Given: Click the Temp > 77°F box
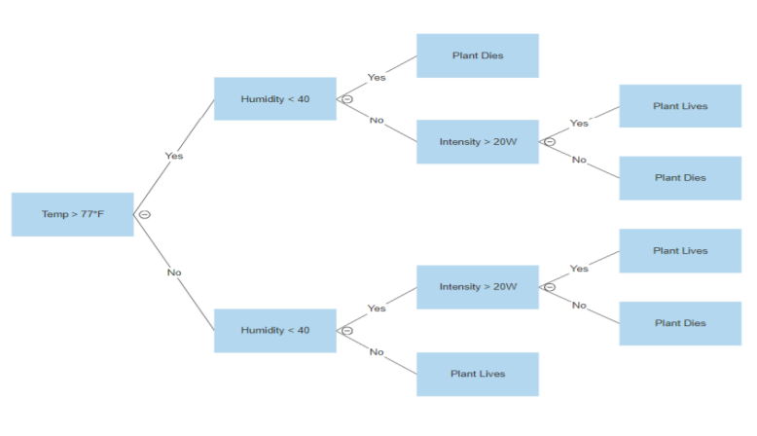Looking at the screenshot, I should (x=72, y=214).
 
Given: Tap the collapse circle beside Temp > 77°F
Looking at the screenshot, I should (x=144, y=214).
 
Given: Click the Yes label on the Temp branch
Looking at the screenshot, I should (x=174, y=156).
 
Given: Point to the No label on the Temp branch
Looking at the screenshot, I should (x=174, y=272).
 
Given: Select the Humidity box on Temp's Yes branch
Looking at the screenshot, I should (x=274, y=99).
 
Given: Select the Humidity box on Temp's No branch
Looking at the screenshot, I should (x=274, y=330).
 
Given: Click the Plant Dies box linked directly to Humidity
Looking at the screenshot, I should (x=477, y=55).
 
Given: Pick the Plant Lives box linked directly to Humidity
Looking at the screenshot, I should (x=477, y=374).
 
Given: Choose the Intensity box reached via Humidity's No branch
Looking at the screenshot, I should (x=477, y=142).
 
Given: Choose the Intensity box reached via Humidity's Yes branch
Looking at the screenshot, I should (x=477, y=287).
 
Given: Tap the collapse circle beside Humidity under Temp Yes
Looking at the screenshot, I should (x=346, y=99).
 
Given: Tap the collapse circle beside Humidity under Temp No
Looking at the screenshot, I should (x=346, y=330).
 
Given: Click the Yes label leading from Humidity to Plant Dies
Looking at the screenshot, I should (x=377, y=77).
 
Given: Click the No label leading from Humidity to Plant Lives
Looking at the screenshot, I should (x=377, y=352).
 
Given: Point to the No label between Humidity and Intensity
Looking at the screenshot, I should (x=377, y=121).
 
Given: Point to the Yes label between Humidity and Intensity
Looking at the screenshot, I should (x=377, y=309).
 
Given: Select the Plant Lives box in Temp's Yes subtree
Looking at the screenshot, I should (x=680, y=106).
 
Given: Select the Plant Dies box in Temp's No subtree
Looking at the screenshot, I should (x=680, y=323).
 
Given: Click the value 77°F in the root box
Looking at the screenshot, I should (x=90, y=214).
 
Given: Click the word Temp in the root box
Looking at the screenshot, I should (x=53, y=214).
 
